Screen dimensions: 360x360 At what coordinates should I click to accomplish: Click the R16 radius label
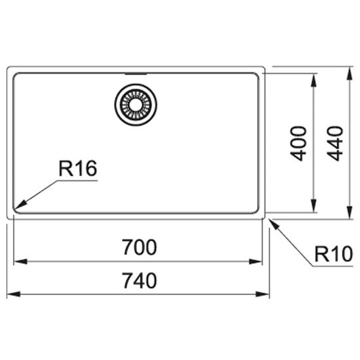[78, 169]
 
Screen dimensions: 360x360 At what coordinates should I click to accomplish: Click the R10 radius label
[334, 254]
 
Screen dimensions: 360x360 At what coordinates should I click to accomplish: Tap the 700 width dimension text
[139, 247]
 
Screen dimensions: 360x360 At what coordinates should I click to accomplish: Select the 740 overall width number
[139, 280]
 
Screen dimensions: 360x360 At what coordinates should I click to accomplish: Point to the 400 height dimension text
[298, 143]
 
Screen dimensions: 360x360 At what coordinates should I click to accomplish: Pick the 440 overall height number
[335, 143]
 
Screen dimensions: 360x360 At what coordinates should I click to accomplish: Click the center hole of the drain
[136, 104]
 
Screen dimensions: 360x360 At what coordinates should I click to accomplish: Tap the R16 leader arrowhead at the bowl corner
[20, 205]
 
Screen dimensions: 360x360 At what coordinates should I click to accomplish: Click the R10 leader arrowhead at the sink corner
[275, 224]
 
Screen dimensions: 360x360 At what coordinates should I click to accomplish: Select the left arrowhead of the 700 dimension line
[20, 261]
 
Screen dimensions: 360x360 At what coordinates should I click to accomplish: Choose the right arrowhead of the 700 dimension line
[256, 261]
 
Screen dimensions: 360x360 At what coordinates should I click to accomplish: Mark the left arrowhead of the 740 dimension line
[14, 294]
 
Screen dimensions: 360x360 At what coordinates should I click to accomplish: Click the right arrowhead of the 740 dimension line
[262, 294]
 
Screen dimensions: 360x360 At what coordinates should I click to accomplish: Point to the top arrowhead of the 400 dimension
[314, 80]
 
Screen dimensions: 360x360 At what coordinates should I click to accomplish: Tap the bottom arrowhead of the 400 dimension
[314, 205]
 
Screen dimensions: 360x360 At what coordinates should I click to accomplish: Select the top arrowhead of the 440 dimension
[349, 73]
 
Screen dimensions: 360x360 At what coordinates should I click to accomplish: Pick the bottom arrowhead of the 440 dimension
[349, 212]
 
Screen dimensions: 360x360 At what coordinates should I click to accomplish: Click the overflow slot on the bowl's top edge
[136, 74]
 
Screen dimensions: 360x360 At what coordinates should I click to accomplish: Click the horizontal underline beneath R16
[77, 181]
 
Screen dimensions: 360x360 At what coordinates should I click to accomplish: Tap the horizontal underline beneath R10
[333, 266]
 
